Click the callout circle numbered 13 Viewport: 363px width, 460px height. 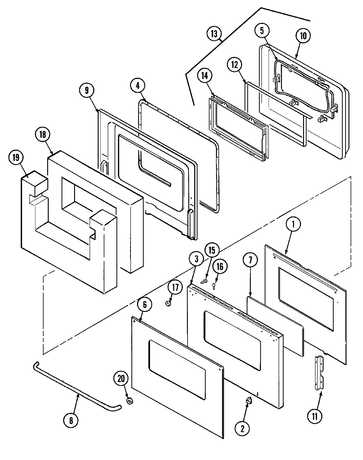[214, 34]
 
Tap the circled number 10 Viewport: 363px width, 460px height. [303, 36]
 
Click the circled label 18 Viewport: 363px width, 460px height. [43, 134]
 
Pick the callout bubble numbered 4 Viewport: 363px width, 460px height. [138, 86]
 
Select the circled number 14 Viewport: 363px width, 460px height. [205, 76]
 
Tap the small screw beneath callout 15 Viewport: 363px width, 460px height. [204, 281]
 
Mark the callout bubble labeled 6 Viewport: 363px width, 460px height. [145, 305]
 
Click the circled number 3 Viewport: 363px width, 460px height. [196, 259]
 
